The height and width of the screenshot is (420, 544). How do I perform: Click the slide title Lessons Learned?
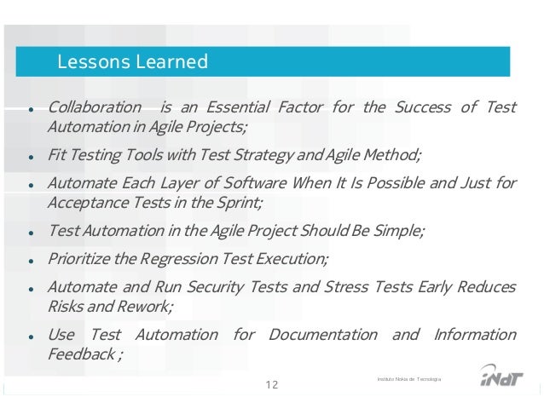(131, 62)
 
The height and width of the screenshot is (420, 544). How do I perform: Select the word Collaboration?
(95, 107)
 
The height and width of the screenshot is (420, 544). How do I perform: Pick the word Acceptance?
(85, 203)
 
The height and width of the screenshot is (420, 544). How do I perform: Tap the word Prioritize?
(79, 258)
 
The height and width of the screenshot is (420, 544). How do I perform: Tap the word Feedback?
(78, 354)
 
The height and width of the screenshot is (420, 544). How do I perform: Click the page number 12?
(272, 385)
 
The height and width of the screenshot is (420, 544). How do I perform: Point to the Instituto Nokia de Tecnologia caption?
(408, 377)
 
